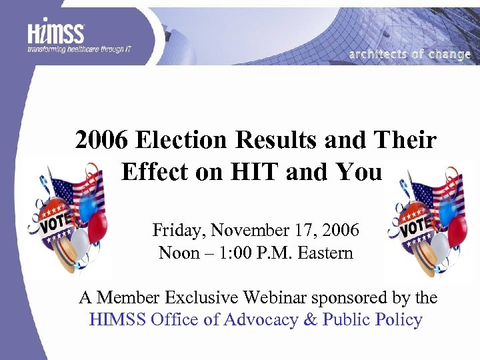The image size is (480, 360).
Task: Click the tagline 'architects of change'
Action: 409,55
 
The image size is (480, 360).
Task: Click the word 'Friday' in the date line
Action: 175,231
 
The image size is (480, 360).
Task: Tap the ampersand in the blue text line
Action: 310,320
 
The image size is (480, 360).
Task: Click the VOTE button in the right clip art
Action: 415,227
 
